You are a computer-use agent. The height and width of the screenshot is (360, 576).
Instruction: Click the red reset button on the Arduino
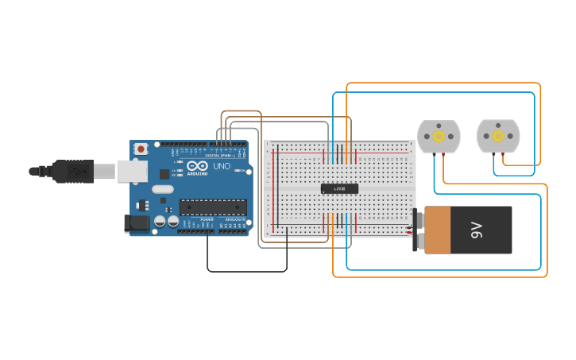click(x=141, y=149)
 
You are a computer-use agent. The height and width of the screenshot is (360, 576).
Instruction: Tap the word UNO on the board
click(x=222, y=166)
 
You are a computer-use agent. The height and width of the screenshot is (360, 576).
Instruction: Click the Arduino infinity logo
click(x=197, y=165)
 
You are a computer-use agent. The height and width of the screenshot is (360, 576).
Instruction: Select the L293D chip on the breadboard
click(x=339, y=188)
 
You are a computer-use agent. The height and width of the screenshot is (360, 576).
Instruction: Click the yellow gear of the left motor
click(x=439, y=136)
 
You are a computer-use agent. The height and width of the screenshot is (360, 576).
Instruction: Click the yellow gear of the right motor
click(x=498, y=136)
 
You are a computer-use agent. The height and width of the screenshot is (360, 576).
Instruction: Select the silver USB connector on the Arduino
click(x=132, y=171)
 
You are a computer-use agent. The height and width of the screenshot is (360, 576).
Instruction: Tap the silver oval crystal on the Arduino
click(x=161, y=189)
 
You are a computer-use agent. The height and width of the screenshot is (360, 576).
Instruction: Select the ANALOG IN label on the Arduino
click(x=235, y=219)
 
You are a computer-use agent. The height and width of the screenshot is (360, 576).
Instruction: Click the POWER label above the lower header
click(x=207, y=219)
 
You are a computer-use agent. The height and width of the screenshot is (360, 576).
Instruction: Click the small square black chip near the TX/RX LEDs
click(x=164, y=173)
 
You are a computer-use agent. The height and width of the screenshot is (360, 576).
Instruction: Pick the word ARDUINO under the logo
click(x=197, y=173)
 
